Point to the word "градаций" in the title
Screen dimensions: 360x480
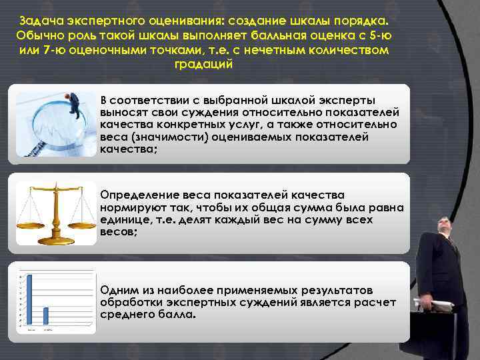pos(203,65)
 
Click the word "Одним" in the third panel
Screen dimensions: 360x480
pos(117,290)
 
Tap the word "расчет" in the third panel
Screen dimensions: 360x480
pos(377,303)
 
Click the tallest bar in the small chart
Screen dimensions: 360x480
pos(30,300)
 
